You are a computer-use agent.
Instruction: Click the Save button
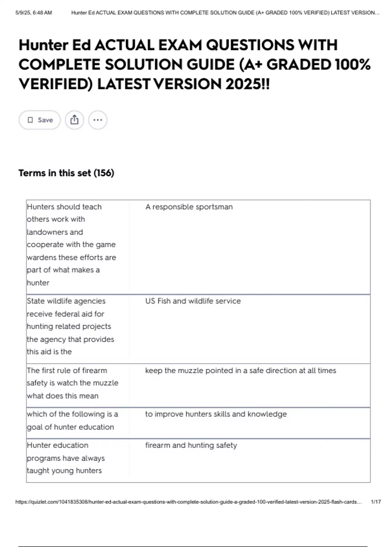pyautogui.click(x=40, y=120)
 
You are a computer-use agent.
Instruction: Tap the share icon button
pyautogui.click(x=74, y=120)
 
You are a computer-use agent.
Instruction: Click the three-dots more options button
pyautogui.click(x=97, y=120)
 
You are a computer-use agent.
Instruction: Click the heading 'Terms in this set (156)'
pyautogui.click(x=66, y=173)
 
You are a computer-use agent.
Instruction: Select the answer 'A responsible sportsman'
pyautogui.click(x=189, y=207)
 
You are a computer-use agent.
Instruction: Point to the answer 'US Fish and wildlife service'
pyautogui.click(x=193, y=301)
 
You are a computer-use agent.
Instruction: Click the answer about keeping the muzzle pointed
pyautogui.click(x=240, y=370)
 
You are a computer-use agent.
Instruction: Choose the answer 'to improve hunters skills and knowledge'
pyautogui.click(x=216, y=414)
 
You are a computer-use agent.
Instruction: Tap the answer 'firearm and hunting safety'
pyautogui.click(x=191, y=445)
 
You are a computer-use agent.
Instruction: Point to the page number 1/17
pyautogui.click(x=375, y=502)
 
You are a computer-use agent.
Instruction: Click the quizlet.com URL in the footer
pyautogui.click(x=188, y=502)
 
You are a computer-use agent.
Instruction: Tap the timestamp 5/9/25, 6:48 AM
pyautogui.click(x=33, y=13)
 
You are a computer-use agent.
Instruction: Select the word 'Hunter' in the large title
pyautogui.click(x=43, y=45)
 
